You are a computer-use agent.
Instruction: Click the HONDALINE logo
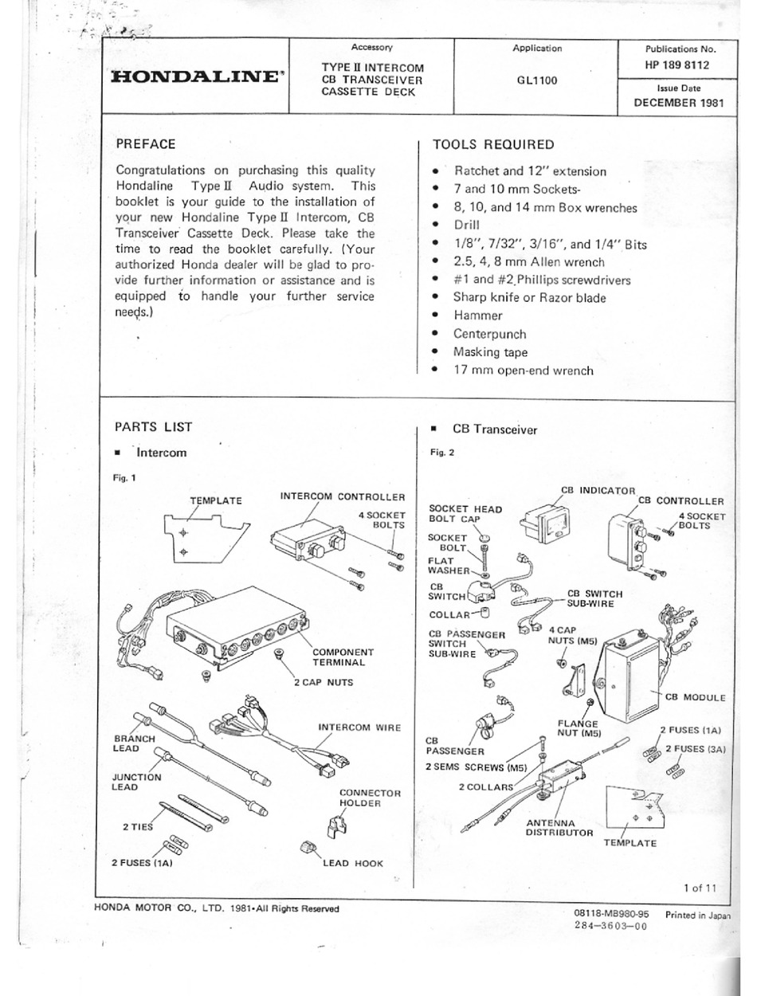tap(196, 77)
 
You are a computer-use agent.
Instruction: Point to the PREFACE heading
tap(146, 144)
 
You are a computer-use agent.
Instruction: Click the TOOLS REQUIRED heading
tap(492, 144)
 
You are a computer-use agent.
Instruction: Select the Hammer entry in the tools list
tap(478, 316)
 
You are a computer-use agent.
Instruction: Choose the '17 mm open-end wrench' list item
tap(523, 370)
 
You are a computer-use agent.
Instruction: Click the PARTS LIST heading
tap(153, 427)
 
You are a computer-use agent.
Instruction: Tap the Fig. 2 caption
tap(442, 453)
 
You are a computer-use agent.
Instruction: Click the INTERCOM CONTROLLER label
tap(342, 496)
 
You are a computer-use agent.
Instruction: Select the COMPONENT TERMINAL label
tap(343, 657)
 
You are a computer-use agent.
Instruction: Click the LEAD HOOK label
tap(353, 862)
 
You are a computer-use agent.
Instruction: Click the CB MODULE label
tap(695, 697)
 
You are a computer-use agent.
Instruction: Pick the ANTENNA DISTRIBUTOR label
tap(559, 827)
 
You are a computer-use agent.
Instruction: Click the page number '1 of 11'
tap(700, 887)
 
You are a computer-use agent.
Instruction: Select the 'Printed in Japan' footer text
tap(697, 916)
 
